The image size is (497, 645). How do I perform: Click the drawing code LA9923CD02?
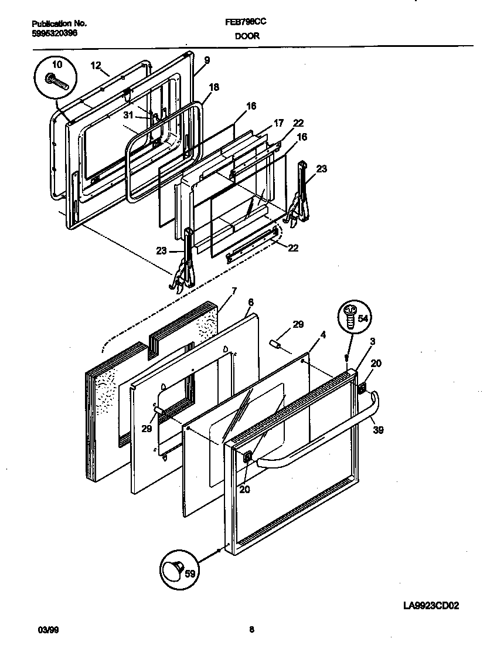coord(431,606)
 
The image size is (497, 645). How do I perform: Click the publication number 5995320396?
coord(54,33)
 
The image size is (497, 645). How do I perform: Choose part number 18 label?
coord(214,87)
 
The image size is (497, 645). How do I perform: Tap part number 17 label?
coord(278,123)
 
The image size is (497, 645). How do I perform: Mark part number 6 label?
coord(250,302)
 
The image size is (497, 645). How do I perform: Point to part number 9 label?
coord(207,60)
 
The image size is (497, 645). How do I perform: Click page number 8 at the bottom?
coord(251,630)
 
